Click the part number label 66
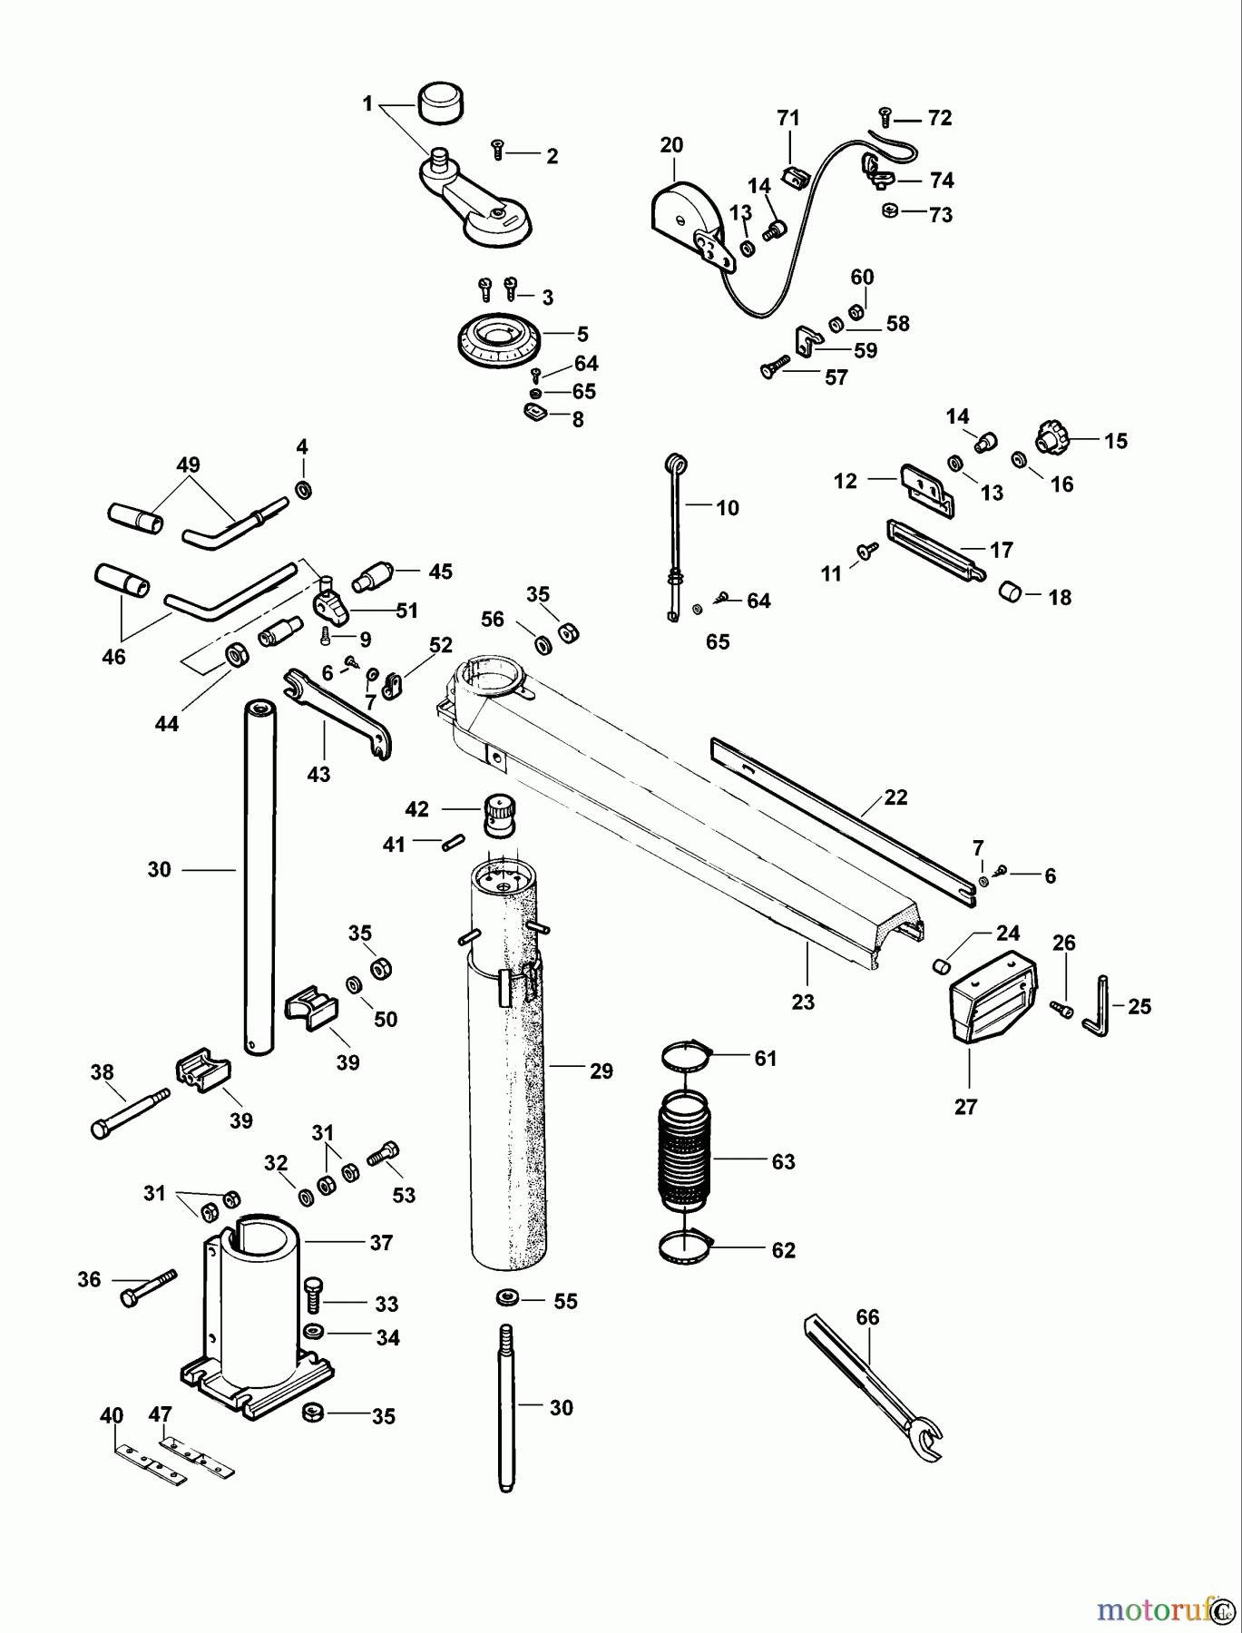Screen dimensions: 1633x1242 tap(867, 1316)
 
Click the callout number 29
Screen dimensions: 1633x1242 tap(601, 1071)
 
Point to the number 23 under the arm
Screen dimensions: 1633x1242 tap(803, 1002)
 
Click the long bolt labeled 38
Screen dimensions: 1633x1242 tap(129, 1112)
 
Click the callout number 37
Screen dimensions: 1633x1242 tap(381, 1242)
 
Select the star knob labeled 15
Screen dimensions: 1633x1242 tap(1052, 440)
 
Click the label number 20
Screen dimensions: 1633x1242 tap(671, 145)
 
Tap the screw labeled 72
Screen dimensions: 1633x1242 tap(886, 115)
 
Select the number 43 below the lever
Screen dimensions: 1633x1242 tap(318, 775)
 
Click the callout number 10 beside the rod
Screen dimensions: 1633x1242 tap(728, 508)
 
